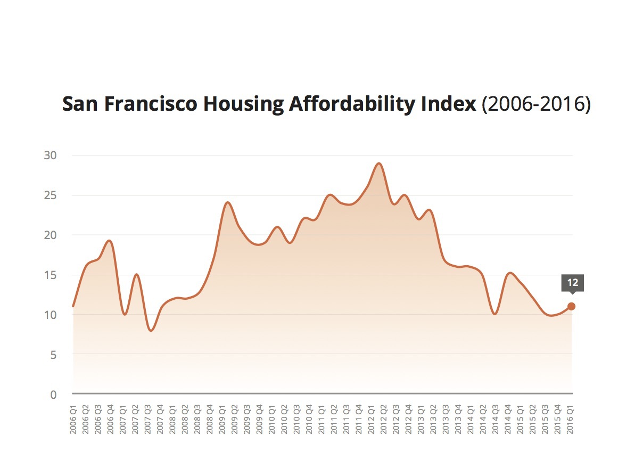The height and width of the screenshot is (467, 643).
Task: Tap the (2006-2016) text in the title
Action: pos(536,105)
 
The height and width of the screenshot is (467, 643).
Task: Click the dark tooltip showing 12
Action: pos(572,283)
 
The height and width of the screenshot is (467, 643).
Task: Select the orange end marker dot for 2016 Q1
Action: pos(571,306)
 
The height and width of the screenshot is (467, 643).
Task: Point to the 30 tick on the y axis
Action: pos(50,155)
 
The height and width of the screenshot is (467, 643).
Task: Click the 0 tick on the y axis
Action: pos(53,395)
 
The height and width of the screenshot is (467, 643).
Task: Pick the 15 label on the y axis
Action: pos(50,275)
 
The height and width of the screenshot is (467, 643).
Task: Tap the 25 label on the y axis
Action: pos(50,195)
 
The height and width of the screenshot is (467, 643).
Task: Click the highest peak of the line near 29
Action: pos(379,163)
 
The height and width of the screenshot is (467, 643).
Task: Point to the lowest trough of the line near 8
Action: pos(151,331)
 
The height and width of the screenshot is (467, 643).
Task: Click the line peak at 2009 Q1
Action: pos(228,202)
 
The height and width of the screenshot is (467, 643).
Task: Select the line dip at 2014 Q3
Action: pos(496,314)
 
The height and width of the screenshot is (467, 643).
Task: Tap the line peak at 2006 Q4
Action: pos(109,241)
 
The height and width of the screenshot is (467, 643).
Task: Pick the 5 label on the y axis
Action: pos(53,355)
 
